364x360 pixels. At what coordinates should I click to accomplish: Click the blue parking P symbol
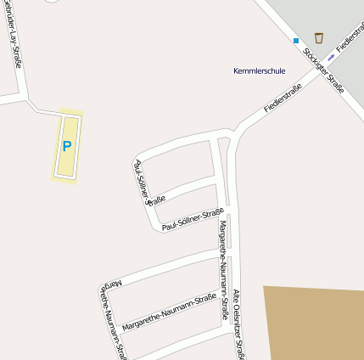67,146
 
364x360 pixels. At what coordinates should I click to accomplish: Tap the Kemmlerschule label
259,71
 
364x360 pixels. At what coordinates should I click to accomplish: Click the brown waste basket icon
318,37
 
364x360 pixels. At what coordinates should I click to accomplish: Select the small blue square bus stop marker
296,41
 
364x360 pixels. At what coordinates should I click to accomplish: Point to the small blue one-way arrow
331,58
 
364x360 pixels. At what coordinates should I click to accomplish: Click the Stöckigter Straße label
323,73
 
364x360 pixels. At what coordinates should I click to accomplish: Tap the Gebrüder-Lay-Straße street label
12,34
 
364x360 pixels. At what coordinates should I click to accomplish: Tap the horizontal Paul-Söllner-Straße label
193,219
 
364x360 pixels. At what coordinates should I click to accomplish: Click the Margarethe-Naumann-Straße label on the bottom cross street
168,312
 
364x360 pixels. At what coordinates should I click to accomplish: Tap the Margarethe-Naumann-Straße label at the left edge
110,314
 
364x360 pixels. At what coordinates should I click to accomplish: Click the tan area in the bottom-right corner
314,323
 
